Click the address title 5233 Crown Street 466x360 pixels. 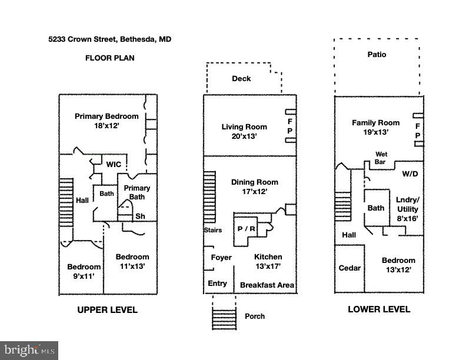110,40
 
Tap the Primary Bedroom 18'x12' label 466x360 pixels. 106,121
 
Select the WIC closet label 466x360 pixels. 114,165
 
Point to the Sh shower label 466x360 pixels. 140,216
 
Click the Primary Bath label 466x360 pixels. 137,192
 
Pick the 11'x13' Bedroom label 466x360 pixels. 132,261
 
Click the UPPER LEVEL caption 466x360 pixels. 108,310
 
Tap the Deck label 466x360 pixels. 241,79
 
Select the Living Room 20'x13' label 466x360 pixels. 244,131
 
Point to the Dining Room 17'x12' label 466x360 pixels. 255,186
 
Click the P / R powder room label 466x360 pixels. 245,229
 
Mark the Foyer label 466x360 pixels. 221,258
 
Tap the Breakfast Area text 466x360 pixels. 267,285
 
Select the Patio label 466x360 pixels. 377,55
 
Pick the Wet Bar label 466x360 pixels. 381,158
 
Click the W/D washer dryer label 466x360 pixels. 410,174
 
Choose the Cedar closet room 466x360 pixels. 349,268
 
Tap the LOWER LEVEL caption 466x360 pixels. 379,309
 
